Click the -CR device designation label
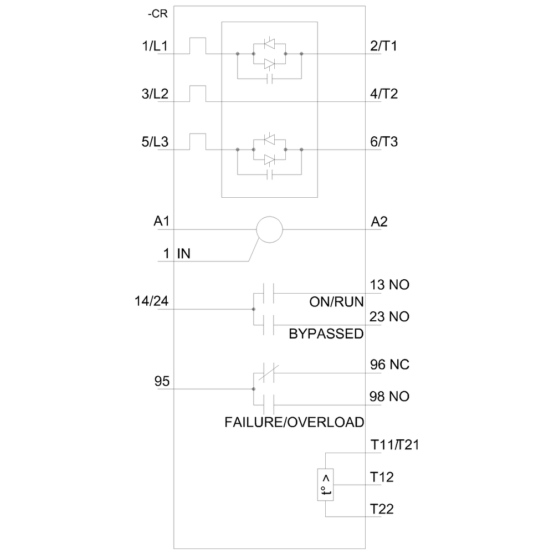click(x=157, y=14)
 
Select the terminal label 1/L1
click(x=155, y=46)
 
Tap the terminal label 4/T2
click(x=384, y=94)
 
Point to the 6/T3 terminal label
click(x=384, y=142)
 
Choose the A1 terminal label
click(x=161, y=221)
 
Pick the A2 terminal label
click(x=379, y=222)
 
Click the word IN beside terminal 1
click(x=183, y=254)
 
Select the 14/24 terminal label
click(x=152, y=301)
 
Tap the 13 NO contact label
click(x=389, y=285)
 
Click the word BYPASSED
click(x=326, y=334)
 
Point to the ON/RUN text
click(x=336, y=302)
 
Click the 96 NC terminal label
click(x=389, y=365)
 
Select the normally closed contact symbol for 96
click(x=269, y=373)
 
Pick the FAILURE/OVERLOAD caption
click(x=294, y=422)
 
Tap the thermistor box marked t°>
click(x=325, y=485)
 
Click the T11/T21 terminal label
click(x=394, y=445)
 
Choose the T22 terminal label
click(x=382, y=509)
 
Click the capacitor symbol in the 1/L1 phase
click(x=269, y=79)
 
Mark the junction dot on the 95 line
click(x=253, y=389)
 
